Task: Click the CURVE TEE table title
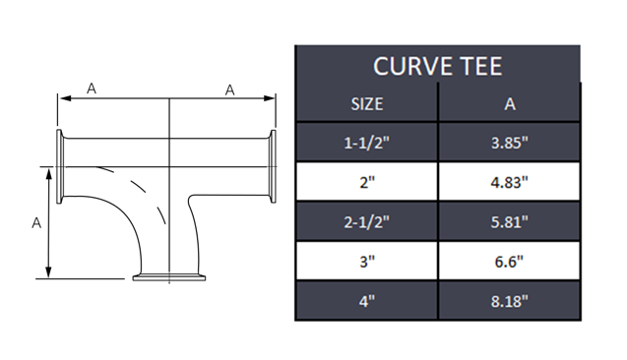pyautogui.click(x=437, y=67)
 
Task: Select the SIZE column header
pyautogui.click(x=366, y=103)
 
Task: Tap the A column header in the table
pyautogui.click(x=509, y=103)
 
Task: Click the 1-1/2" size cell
pyautogui.click(x=366, y=142)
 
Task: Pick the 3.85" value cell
pyautogui.click(x=509, y=142)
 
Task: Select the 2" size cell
pyautogui.click(x=366, y=181)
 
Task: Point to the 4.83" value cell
pyautogui.click(x=509, y=181)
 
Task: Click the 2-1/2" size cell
pyautogui.click(x=366, y=221)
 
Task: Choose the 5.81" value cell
pyautogui.click(x=509, y=221)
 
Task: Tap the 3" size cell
pyautogui.click(x=366, y=261)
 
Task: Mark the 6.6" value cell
pyautogui.click(x=509, y=261)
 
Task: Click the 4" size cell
pyautogui.click(x=366, y=300)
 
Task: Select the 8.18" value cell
pyautogui.click(x=509, y=300)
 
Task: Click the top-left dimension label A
pyautogui.click(x=92, y=89)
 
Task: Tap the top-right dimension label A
pyautogui.click(x=229, y=90)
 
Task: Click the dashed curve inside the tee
pyautogui.click(x=144, y=192)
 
